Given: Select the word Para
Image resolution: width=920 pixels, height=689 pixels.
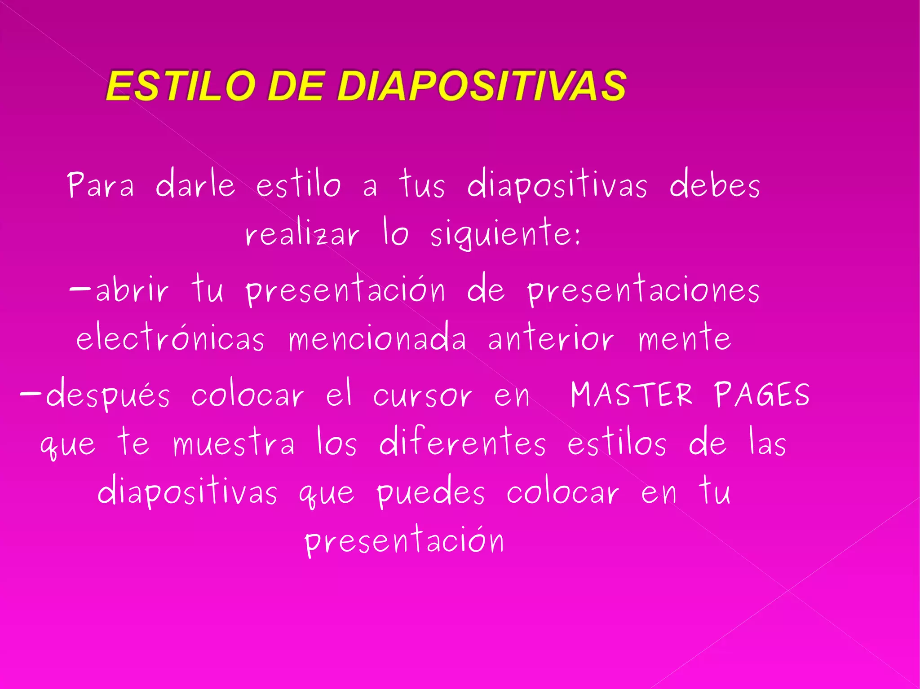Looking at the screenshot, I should (101, 185).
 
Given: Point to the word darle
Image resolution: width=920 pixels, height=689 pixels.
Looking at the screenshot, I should (195, 184).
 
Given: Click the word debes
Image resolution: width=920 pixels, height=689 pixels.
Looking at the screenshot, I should (714, 184).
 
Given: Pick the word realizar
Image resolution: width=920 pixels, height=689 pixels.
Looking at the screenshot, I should (302, 233).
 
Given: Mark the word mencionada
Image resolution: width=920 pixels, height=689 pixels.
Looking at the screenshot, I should (377, 338).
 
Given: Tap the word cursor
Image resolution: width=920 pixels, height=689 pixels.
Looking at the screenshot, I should (422, 395).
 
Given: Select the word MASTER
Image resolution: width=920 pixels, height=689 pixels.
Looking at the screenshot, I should (631, 395).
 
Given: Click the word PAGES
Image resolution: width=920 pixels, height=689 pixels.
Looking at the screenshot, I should (762, 395).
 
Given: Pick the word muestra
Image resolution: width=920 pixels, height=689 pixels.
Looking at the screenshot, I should (234, 443).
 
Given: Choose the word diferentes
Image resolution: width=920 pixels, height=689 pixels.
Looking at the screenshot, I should (463, 442).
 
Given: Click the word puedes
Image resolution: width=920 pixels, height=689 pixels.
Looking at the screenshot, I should (431, 492).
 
